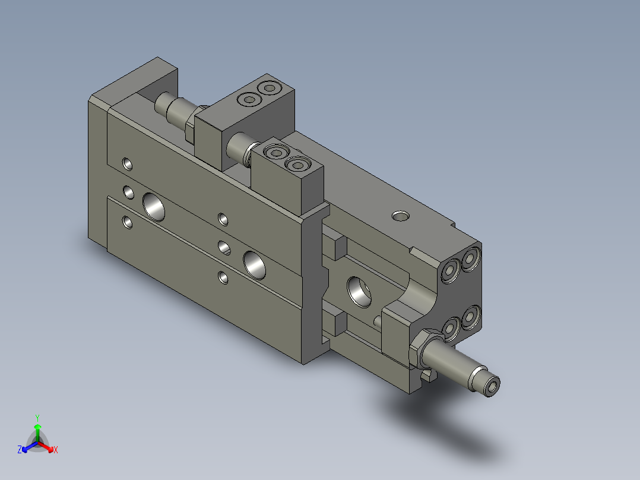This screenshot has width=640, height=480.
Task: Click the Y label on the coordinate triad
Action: point(37,418)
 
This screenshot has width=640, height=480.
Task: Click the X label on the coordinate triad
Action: point(56,450)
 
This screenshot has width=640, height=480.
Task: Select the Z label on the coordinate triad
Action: point(20,450)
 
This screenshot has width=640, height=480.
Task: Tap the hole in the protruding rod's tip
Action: point(493,386)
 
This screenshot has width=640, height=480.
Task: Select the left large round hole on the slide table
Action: point(154,206)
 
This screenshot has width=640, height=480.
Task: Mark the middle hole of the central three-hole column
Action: point(224,247)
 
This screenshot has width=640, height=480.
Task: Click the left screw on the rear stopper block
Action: point(248,99)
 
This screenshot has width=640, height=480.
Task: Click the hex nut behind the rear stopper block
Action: point(190,127)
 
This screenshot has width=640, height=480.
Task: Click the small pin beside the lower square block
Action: point(377,321)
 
